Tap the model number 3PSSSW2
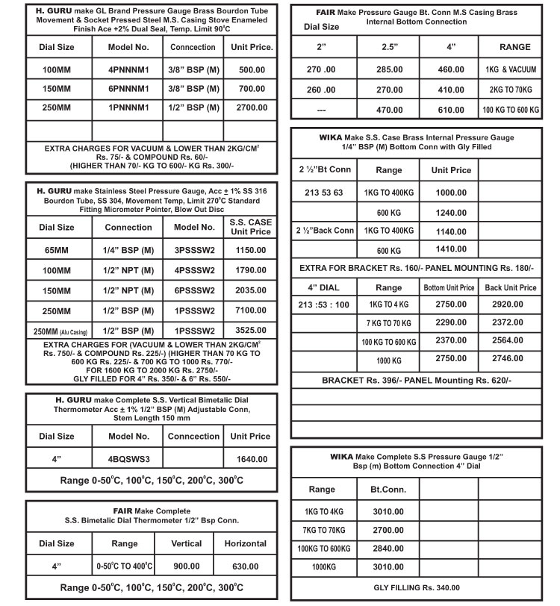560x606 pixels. point(194,249)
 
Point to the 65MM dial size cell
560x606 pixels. point(56,249)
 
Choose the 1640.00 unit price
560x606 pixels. point(251,459)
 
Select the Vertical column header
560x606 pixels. point(187,544)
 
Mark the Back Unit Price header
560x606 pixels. point(511,287)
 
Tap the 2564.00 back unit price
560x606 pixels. point(511,342)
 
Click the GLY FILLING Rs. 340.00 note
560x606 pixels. point(417,588)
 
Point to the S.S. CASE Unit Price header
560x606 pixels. point(250,227)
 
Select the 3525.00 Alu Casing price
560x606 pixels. point(250,331)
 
